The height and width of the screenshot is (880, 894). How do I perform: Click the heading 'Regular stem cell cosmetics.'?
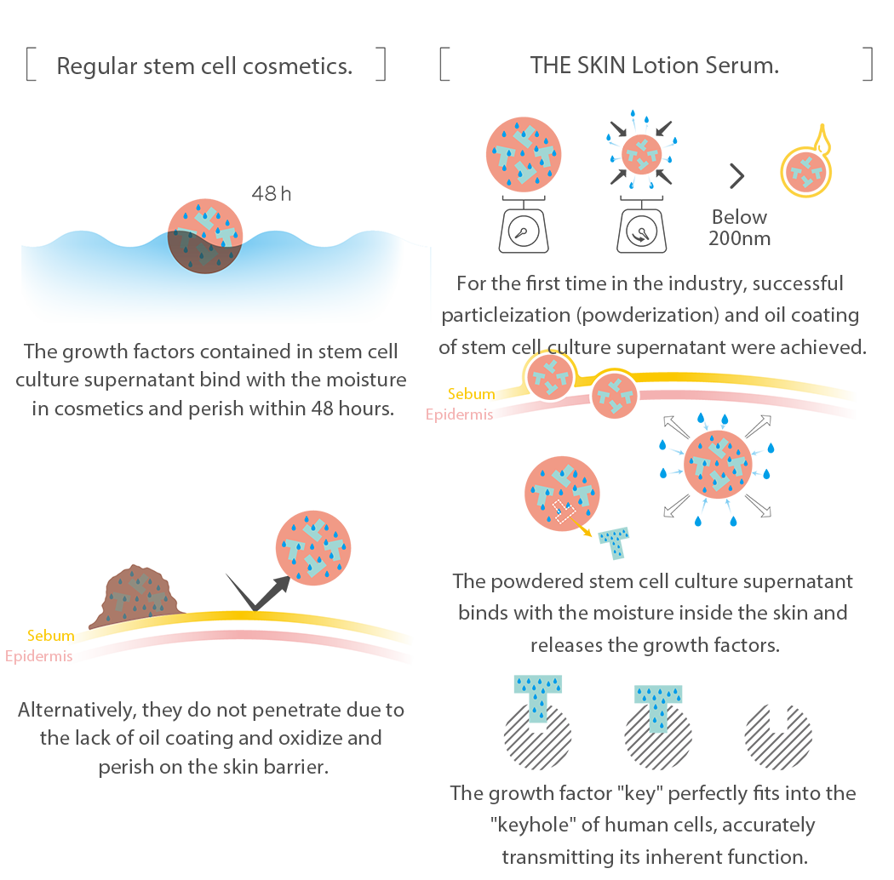pyautogui.click(x=203, y=66)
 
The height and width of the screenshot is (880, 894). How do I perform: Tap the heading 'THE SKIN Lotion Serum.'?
pyautogui.click(x=654, y=66)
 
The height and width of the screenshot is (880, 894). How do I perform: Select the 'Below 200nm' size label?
pyautogui.click(x=740, y=227)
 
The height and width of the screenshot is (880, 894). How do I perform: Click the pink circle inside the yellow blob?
pyautogui.click(x=805, y=171)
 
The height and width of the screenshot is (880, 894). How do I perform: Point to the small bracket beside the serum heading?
pyautogui.click(x=867, y=65)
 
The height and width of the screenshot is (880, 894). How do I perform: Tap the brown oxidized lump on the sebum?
pyautogui.click(x=141, y=596)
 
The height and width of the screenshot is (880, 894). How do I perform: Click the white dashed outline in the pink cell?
pyautogui.click(x=562, y=511)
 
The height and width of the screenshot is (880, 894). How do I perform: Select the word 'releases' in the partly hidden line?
pyautogui.click(x=568, y=644)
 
